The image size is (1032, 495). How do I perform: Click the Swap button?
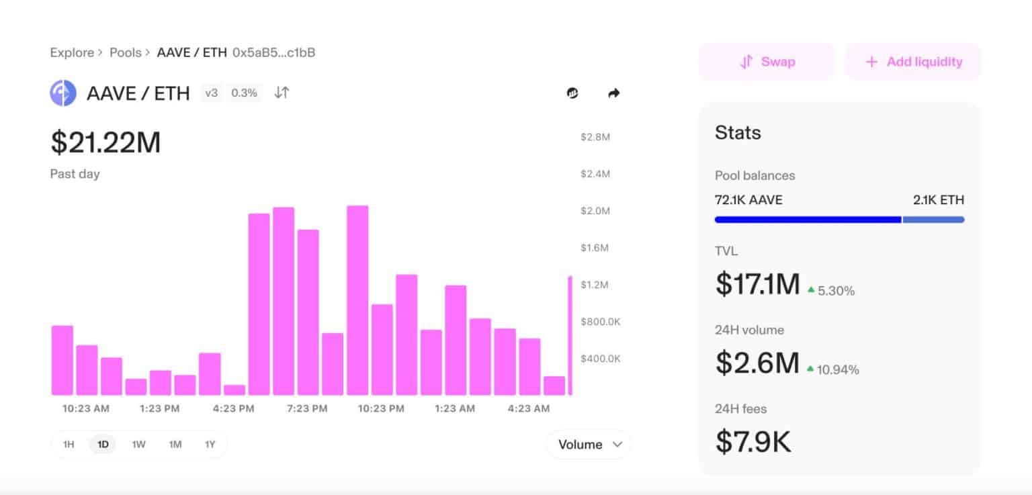coord(767,62)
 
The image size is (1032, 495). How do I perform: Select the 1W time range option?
coord(138,445)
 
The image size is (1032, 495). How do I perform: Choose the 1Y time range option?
coord(210,445)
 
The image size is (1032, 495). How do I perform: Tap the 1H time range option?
coord(69,445)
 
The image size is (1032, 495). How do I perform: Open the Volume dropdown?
coord(589,445)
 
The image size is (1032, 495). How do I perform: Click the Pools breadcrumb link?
coord(126,52)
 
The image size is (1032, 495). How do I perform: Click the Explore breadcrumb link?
coord(72,52)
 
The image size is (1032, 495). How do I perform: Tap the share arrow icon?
coord(613,93)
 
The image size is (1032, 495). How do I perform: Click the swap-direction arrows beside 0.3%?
coord(282,93)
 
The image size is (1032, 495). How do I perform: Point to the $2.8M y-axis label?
coord(595,137)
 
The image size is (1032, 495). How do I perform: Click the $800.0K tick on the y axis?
coord(600,322)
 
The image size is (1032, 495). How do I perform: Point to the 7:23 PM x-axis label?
coord(307,408)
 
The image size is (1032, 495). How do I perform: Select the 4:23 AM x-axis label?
coord(529,408)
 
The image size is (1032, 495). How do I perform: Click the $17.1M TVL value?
coord(757,283)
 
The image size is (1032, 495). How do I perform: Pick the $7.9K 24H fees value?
coord(752,441)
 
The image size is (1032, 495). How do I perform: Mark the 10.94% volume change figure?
coord(838,370)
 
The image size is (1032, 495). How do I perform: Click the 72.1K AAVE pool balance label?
coord(748,200)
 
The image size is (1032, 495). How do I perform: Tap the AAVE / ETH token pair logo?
coord(63,93)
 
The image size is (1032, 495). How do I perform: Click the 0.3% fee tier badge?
coord(244,93)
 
